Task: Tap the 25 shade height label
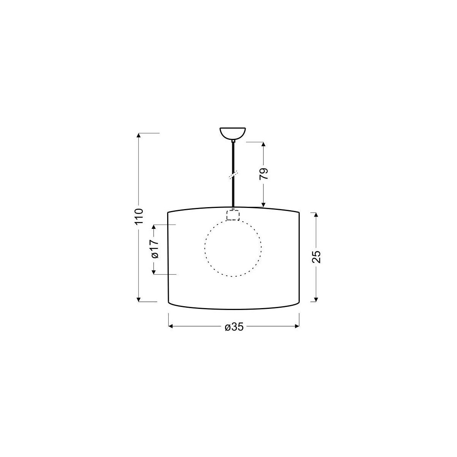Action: tap(316, 257)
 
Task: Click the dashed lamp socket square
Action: tap(233, 215)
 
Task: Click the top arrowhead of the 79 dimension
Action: tap(264, 145)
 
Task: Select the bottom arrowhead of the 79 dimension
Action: tap(264, 205)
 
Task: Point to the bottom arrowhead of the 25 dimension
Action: tap(316, 299)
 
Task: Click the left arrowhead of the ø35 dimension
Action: tap(171, 326)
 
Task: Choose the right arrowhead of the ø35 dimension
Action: tap(297, 326)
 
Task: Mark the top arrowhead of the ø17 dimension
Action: tap(154, 228)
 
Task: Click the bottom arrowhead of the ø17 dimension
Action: tap(154, 271)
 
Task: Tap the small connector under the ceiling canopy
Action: tap(233, 141)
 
